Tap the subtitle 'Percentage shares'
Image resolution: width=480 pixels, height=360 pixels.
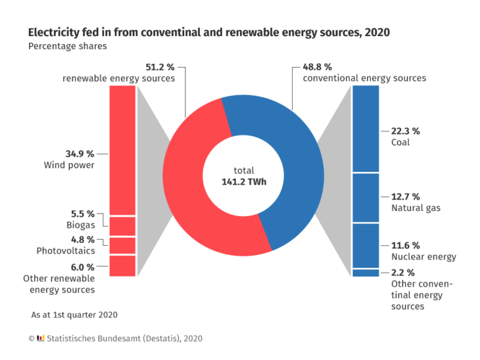click(67, 47)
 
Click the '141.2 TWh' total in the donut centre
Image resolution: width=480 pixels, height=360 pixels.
click(243, 182)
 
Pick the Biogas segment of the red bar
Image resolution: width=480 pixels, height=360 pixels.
click(122, 226)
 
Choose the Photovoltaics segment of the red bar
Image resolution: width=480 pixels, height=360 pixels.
click(122, 246)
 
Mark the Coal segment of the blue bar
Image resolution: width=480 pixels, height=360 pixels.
click(366, 129)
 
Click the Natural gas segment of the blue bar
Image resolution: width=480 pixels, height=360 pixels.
click(366, 198)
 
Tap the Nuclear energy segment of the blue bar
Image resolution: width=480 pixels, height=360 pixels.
click(366, 246)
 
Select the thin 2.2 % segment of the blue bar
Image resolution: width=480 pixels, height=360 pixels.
click(366, 273)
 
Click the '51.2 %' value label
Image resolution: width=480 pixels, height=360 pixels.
click(160, 67)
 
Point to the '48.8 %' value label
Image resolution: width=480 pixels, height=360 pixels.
click(318, 67)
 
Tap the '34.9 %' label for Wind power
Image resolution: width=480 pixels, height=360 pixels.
click(79, 154)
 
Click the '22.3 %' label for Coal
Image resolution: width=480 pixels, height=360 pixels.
click(405, 131)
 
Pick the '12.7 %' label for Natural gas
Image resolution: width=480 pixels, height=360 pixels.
click(405, 196)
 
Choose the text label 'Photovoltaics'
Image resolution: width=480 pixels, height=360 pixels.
click(66, 251)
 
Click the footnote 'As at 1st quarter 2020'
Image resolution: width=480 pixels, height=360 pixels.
click(74, 315)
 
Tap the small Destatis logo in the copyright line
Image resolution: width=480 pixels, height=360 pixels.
click(41, 338)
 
